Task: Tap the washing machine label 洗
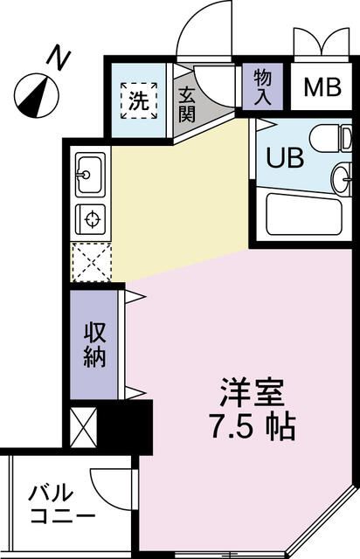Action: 140,100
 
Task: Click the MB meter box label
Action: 322,87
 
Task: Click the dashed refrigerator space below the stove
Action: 90,260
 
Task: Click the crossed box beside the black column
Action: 84,426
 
